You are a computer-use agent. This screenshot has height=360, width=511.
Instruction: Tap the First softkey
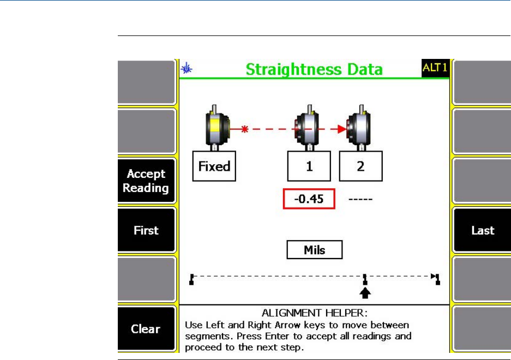pos(146,230)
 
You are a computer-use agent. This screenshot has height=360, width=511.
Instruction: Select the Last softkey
pos(482,230)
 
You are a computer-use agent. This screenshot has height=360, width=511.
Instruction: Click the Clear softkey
pos(146,329)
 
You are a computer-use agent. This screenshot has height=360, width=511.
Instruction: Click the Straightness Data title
pos(314,70)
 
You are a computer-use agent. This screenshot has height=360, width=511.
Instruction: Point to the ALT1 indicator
pos(435,68)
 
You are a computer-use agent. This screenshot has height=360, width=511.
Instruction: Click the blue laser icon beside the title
pos(187,69)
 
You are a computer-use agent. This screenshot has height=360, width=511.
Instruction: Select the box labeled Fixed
pos(214,166)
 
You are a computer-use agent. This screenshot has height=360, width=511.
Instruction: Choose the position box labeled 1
pos(309,166)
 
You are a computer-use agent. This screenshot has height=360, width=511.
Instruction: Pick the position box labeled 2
pos(360,166)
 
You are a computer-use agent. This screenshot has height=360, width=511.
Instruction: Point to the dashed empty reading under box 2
pos(360,200)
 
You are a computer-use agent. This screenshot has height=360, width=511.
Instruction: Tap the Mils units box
pos(314,250)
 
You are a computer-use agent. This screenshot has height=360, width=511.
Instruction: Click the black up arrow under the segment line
pos(365,293)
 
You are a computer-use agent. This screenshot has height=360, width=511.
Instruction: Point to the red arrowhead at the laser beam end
pos(341,130)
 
